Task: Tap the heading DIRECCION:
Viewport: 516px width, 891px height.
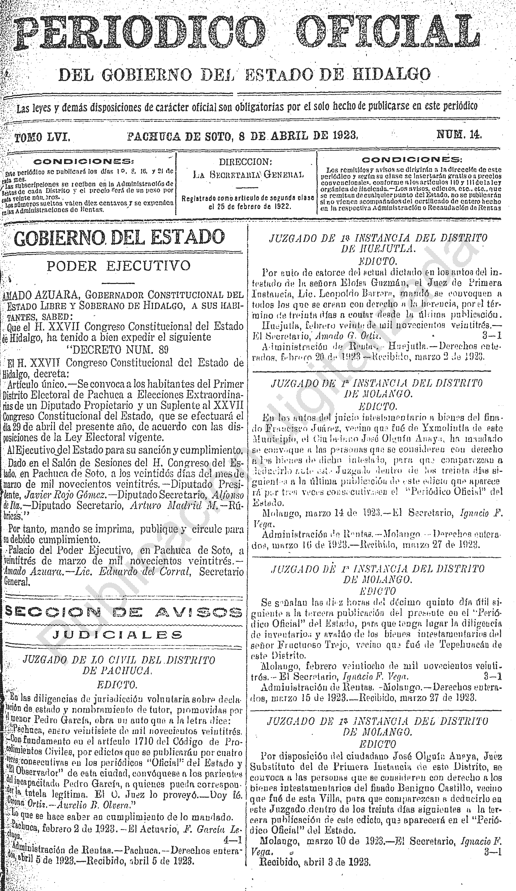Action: [245, 162]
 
